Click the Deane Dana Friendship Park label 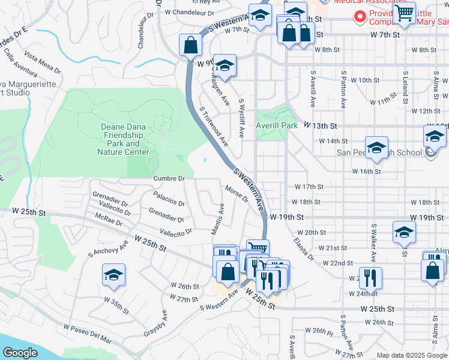(123, 139)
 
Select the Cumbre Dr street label (169, 178)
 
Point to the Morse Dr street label (237, 194)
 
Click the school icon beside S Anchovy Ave (113, 276)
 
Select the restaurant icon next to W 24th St (370, 278)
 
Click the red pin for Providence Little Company (361, 16)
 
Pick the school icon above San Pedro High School (376, 148)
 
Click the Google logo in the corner (20, 353)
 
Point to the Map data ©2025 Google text (411, 355)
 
